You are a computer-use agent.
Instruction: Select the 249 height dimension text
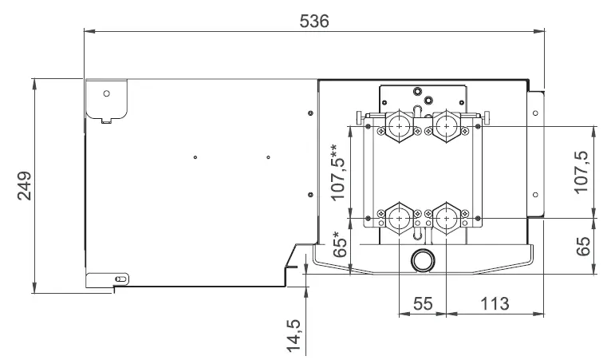point(23,185)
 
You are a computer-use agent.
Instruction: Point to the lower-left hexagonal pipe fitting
point(399,217)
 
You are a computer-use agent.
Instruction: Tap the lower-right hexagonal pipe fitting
point(447,217)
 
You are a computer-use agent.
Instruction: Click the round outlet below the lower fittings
point(421,260)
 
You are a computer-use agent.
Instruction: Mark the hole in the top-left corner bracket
point(106,93)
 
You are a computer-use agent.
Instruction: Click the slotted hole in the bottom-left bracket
point(121,278)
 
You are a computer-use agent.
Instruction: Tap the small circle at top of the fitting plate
point(428,100)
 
